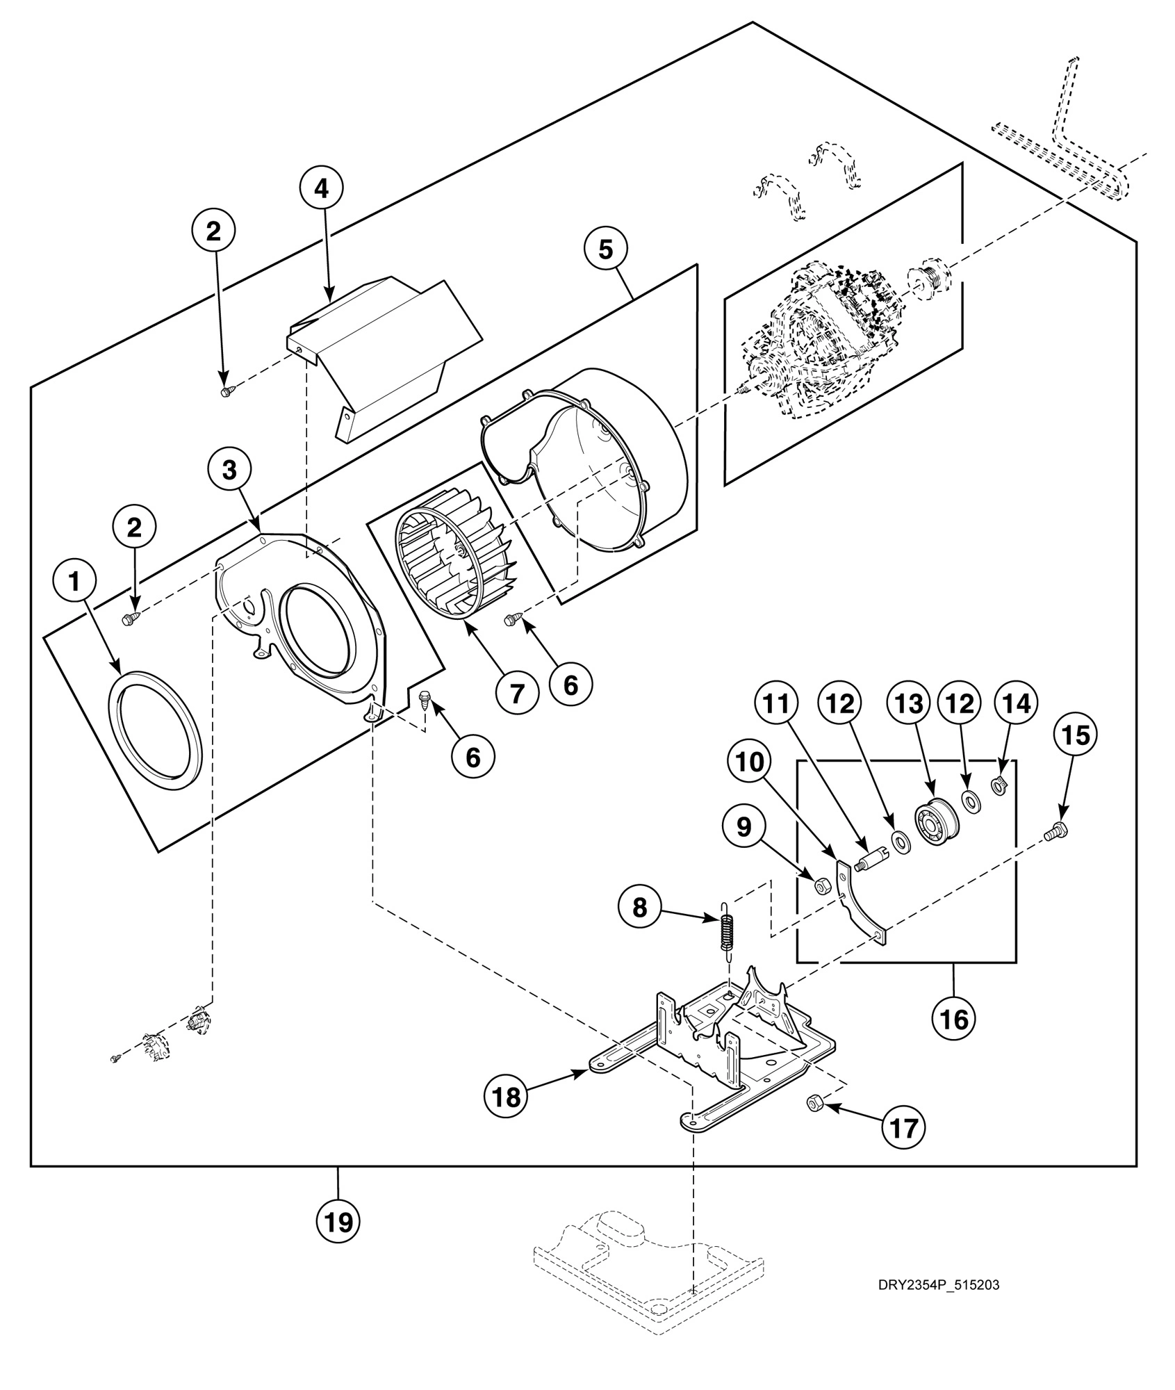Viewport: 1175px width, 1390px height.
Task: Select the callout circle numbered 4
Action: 322,188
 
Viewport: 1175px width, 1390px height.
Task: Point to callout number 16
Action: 954,1019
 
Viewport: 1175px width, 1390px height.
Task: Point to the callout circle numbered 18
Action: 506,1097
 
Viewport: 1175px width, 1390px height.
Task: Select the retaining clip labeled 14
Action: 1001,787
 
